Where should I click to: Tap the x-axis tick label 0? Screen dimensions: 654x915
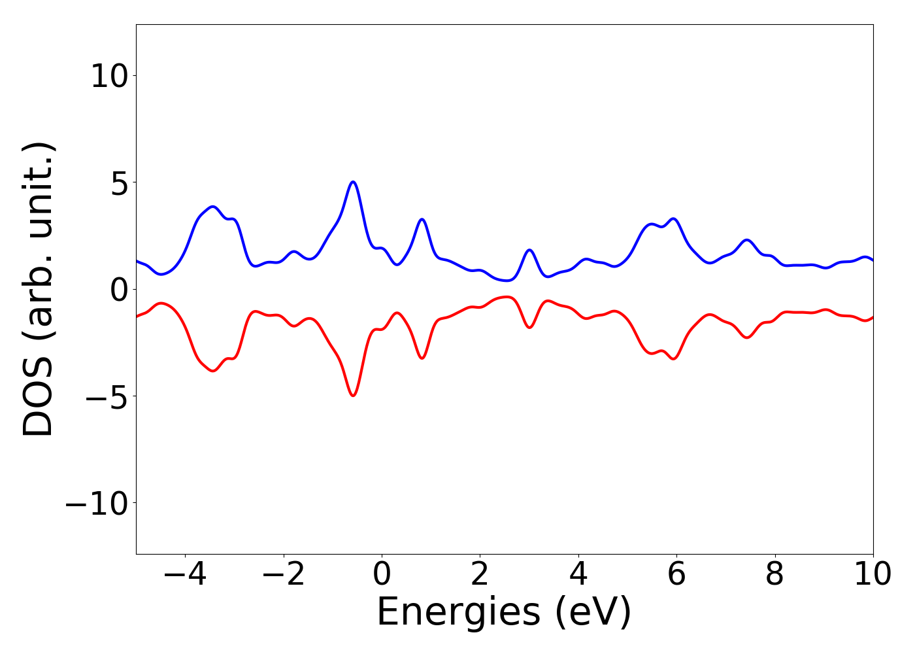click(382, 575)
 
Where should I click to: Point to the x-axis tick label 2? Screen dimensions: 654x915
click(480, 575)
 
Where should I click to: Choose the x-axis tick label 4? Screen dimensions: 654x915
click(578, 575)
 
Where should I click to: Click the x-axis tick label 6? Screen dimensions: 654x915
click(676, 575)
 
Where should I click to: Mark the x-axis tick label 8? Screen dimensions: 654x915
click(774, 575)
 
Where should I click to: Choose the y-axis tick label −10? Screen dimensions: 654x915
click(96, 503)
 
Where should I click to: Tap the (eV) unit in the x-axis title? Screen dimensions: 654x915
click(594, 613)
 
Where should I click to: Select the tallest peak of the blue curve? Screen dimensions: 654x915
click(353, 182)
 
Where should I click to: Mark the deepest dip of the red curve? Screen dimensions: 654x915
click(353, 396)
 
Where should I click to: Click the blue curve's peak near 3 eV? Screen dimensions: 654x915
click(529, 250)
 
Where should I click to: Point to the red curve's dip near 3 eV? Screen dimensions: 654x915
click(529, 327)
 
